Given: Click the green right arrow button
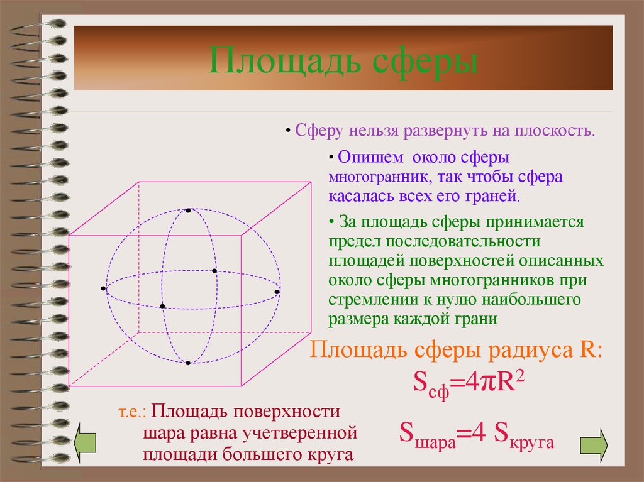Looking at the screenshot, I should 593,444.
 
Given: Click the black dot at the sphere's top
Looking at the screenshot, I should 187,210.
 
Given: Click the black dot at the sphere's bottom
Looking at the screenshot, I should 187,363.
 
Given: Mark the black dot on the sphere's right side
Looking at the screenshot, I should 277,292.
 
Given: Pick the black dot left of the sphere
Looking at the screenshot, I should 103,288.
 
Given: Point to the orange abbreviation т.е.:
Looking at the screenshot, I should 132,413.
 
